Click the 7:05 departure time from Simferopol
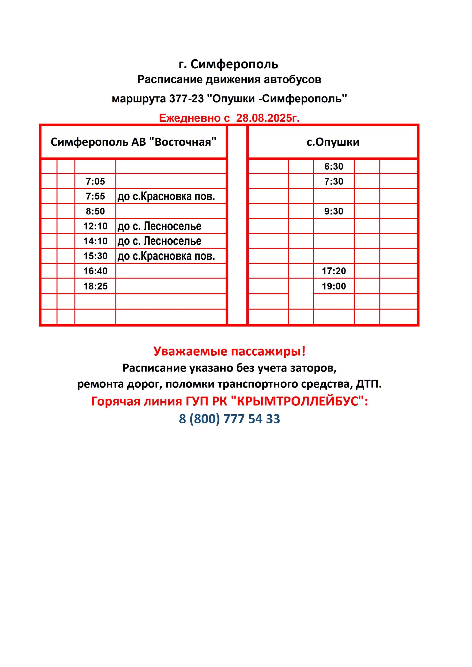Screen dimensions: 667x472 (x=95, y=182)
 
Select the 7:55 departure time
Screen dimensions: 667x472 (x=95, y=196)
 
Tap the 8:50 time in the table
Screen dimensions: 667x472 (x=95, y=211)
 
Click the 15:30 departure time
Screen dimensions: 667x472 (x=95, y=256)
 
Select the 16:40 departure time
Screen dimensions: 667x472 (x=95, y=271)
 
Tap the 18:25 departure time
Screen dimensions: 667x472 (x=95, y=286)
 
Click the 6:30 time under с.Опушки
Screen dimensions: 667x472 (x=334, y=166)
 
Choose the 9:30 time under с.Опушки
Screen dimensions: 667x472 (x=334, y=211)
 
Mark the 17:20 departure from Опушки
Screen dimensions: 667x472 (x=334, y=271)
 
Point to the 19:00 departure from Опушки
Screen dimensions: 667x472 (x=334, y=286)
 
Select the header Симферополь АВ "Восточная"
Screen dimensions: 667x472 (x=134, y=142)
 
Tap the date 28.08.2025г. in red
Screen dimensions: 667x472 (x=268, y=118)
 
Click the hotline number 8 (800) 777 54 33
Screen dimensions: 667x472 (x=229, y=419)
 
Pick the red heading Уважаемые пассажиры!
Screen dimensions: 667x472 (x=229, y=351)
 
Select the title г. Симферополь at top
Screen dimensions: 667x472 (x=229, y=64)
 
